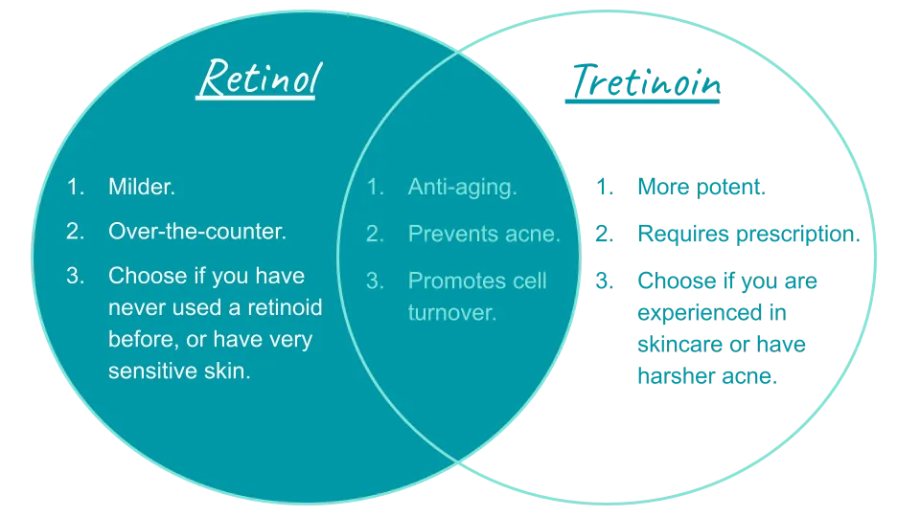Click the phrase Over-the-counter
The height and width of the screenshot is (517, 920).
pos(197,232)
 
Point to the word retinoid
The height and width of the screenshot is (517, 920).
pos(281,307)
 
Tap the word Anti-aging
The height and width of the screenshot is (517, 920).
pos(462,187)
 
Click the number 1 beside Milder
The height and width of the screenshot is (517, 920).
pos(75,187)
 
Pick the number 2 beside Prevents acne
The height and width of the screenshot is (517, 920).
pos(375,233)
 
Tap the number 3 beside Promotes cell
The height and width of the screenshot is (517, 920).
pos(375,281)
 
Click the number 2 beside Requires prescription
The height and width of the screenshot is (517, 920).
pos(603,233)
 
